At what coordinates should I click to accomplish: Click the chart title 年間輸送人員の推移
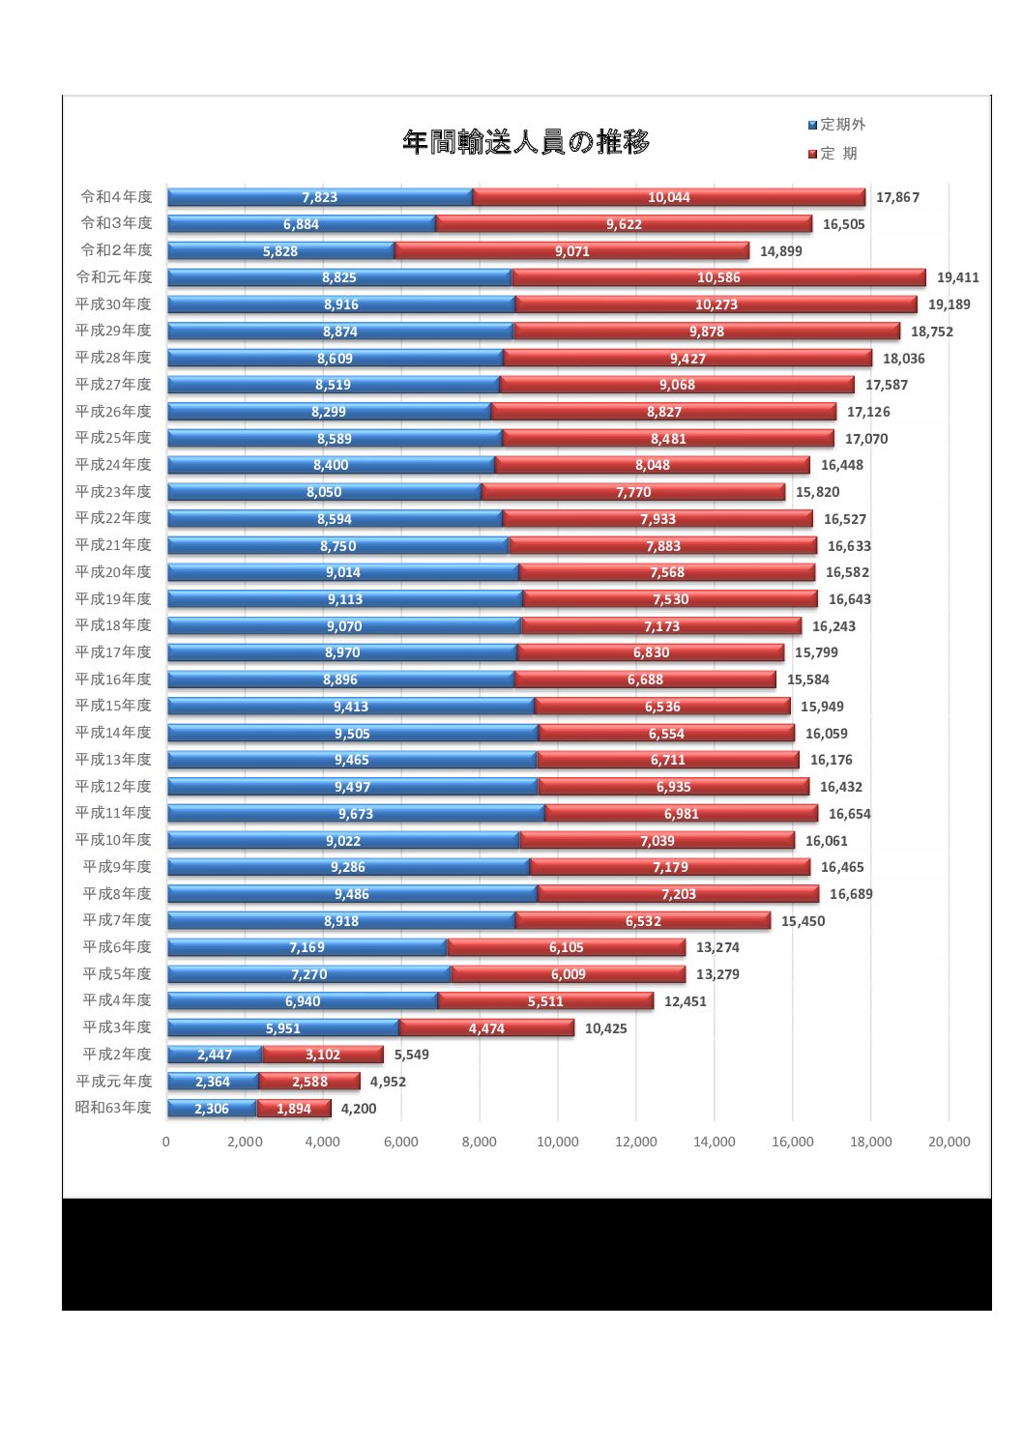pyautogui.click(x=526, y=143)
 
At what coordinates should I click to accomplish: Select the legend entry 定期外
pyautogui.click(x=837, y=125)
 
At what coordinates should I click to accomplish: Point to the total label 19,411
pyautogui.click(x=957, y=277)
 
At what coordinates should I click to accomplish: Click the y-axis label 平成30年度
pyautogui.click(x=114, y=304)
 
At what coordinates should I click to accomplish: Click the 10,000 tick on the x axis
pyautogui.click(x=558, y=1142)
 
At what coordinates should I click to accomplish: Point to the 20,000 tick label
pyautogui.click(x=949, y=1142)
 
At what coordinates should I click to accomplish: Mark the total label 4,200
pyautogui.click(x=359, y=1109)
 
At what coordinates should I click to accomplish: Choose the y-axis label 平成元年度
pyautogui.click(x=114, y=1082)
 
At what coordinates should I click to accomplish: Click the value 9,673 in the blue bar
pyautogui.click(x=356, y=814)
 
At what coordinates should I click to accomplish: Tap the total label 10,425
pyautogui.click(x=605, y=1028)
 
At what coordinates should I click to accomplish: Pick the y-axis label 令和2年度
pyautogui.click(x=116, y=250)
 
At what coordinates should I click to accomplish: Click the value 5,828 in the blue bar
pyautogui.click(x=280, y=251)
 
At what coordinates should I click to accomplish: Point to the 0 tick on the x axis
pyautogui.click(x=166, y=1142)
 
